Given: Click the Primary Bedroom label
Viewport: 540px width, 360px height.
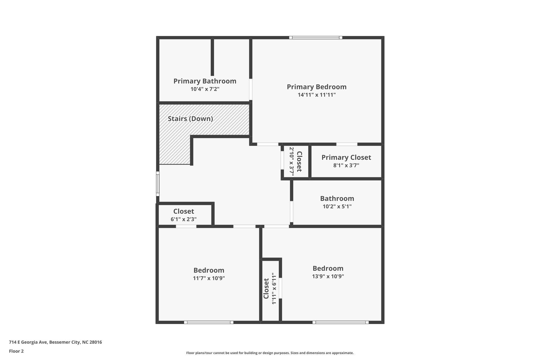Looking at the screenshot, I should point(316,87).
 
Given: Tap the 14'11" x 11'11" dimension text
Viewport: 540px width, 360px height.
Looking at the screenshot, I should point(317,95).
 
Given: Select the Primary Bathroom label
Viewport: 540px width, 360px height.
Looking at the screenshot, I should point(205,81).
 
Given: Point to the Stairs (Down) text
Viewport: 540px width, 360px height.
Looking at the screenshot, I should point(190,119).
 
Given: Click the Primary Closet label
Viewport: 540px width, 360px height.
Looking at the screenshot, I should point(346,157).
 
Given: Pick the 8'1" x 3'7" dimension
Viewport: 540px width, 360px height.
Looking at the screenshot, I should point(346,165).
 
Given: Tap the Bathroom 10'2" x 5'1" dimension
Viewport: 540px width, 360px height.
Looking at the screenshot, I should point(337,206).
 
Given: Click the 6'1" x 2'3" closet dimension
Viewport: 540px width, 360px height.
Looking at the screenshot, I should point(183,219).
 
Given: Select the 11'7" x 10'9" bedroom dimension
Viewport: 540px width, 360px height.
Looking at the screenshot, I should point(209,278).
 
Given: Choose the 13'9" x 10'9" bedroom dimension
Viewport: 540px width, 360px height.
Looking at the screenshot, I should point(328,276).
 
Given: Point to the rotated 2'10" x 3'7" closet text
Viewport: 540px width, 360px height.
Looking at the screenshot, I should point(292,162).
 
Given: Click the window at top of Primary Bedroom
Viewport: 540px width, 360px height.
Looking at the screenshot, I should point(316,37).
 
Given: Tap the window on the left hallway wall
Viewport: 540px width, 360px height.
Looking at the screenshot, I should point(158,184).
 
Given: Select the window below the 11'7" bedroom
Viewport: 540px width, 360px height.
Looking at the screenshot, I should point(209,322).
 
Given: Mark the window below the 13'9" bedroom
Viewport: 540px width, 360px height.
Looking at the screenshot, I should point(340,322).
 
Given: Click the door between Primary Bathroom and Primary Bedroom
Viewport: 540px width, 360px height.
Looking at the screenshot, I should point(251,89).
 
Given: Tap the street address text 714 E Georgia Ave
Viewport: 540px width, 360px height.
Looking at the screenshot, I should point(55,342).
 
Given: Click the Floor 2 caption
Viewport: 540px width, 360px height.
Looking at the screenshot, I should point(16,351).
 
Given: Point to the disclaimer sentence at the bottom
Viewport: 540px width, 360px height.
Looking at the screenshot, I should point(270,353).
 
